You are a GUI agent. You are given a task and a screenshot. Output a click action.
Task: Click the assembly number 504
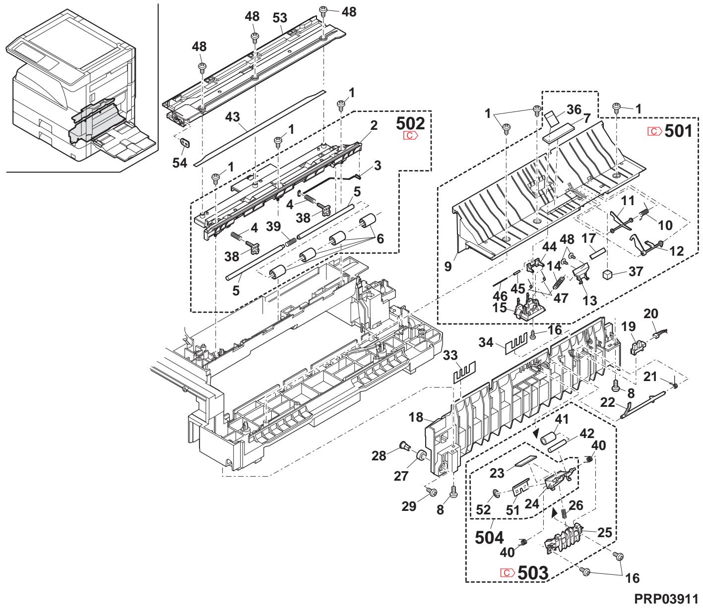click(x=489, y=537)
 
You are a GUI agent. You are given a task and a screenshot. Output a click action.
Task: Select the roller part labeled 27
click(x=421, y=455)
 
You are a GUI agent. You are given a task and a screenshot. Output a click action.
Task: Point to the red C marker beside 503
click(x=507, y=573)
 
